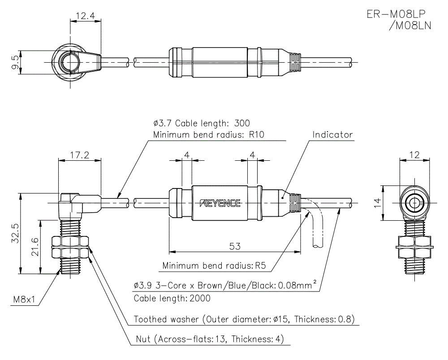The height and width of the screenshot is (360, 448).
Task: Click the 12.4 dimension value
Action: coord(85,16)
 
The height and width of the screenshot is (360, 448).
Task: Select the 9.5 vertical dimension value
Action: coord(16,62)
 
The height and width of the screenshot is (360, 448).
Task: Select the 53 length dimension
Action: coord(235,246)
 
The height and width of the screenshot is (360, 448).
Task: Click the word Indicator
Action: coord(332,134)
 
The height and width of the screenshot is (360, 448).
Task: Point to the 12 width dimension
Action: coord(415,155)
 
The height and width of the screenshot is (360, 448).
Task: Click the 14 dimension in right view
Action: coord(378,203)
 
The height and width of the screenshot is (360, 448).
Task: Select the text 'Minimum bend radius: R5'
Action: coord(214,266)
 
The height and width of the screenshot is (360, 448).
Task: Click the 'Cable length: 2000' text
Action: coord(172,298)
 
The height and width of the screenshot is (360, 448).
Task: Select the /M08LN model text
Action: coord(410,26)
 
